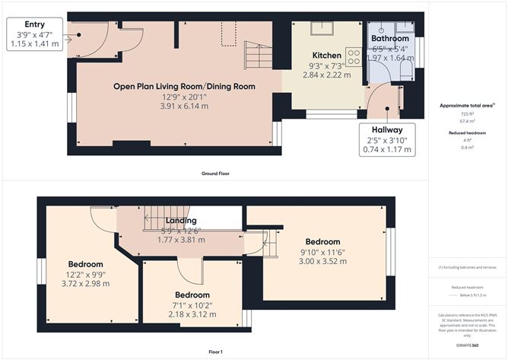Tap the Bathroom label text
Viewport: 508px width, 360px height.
tap(389, 38)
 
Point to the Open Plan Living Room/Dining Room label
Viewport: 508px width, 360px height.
tap(184, 86)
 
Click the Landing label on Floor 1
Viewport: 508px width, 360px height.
tap(181, 221)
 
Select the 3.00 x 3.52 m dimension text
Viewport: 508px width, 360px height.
tap(324, 261)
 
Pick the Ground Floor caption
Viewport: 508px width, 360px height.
tap(214, 174)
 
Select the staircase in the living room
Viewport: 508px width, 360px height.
tap(255, 56)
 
